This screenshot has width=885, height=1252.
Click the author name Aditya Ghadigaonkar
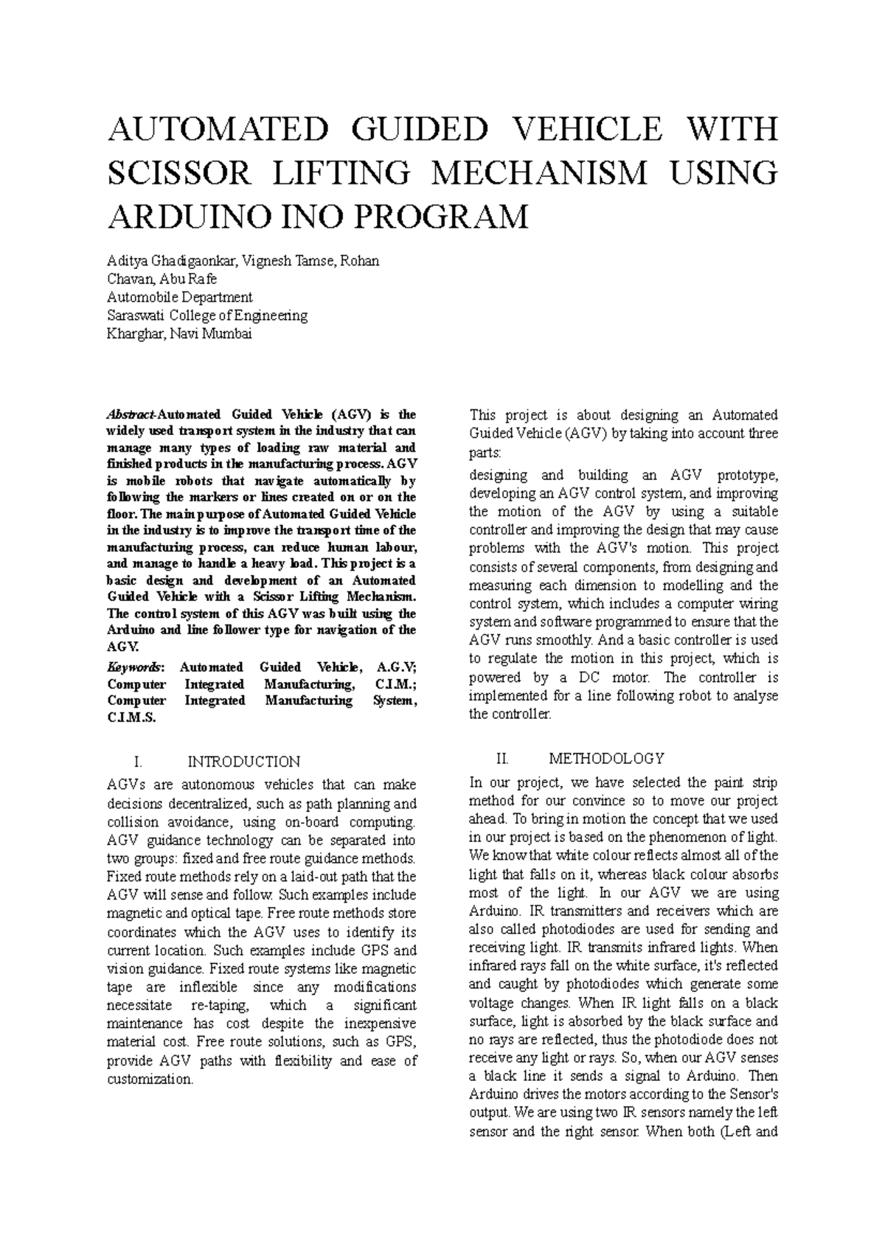tap(168, 261)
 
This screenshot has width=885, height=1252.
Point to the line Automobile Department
tap(179, 297)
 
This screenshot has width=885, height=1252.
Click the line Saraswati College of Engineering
tap(207, 316)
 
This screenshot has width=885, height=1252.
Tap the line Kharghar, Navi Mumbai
tap(179, 334)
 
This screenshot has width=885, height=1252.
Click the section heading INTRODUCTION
tap(244, 762)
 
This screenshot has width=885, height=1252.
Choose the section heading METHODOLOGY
tap(606, 759)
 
